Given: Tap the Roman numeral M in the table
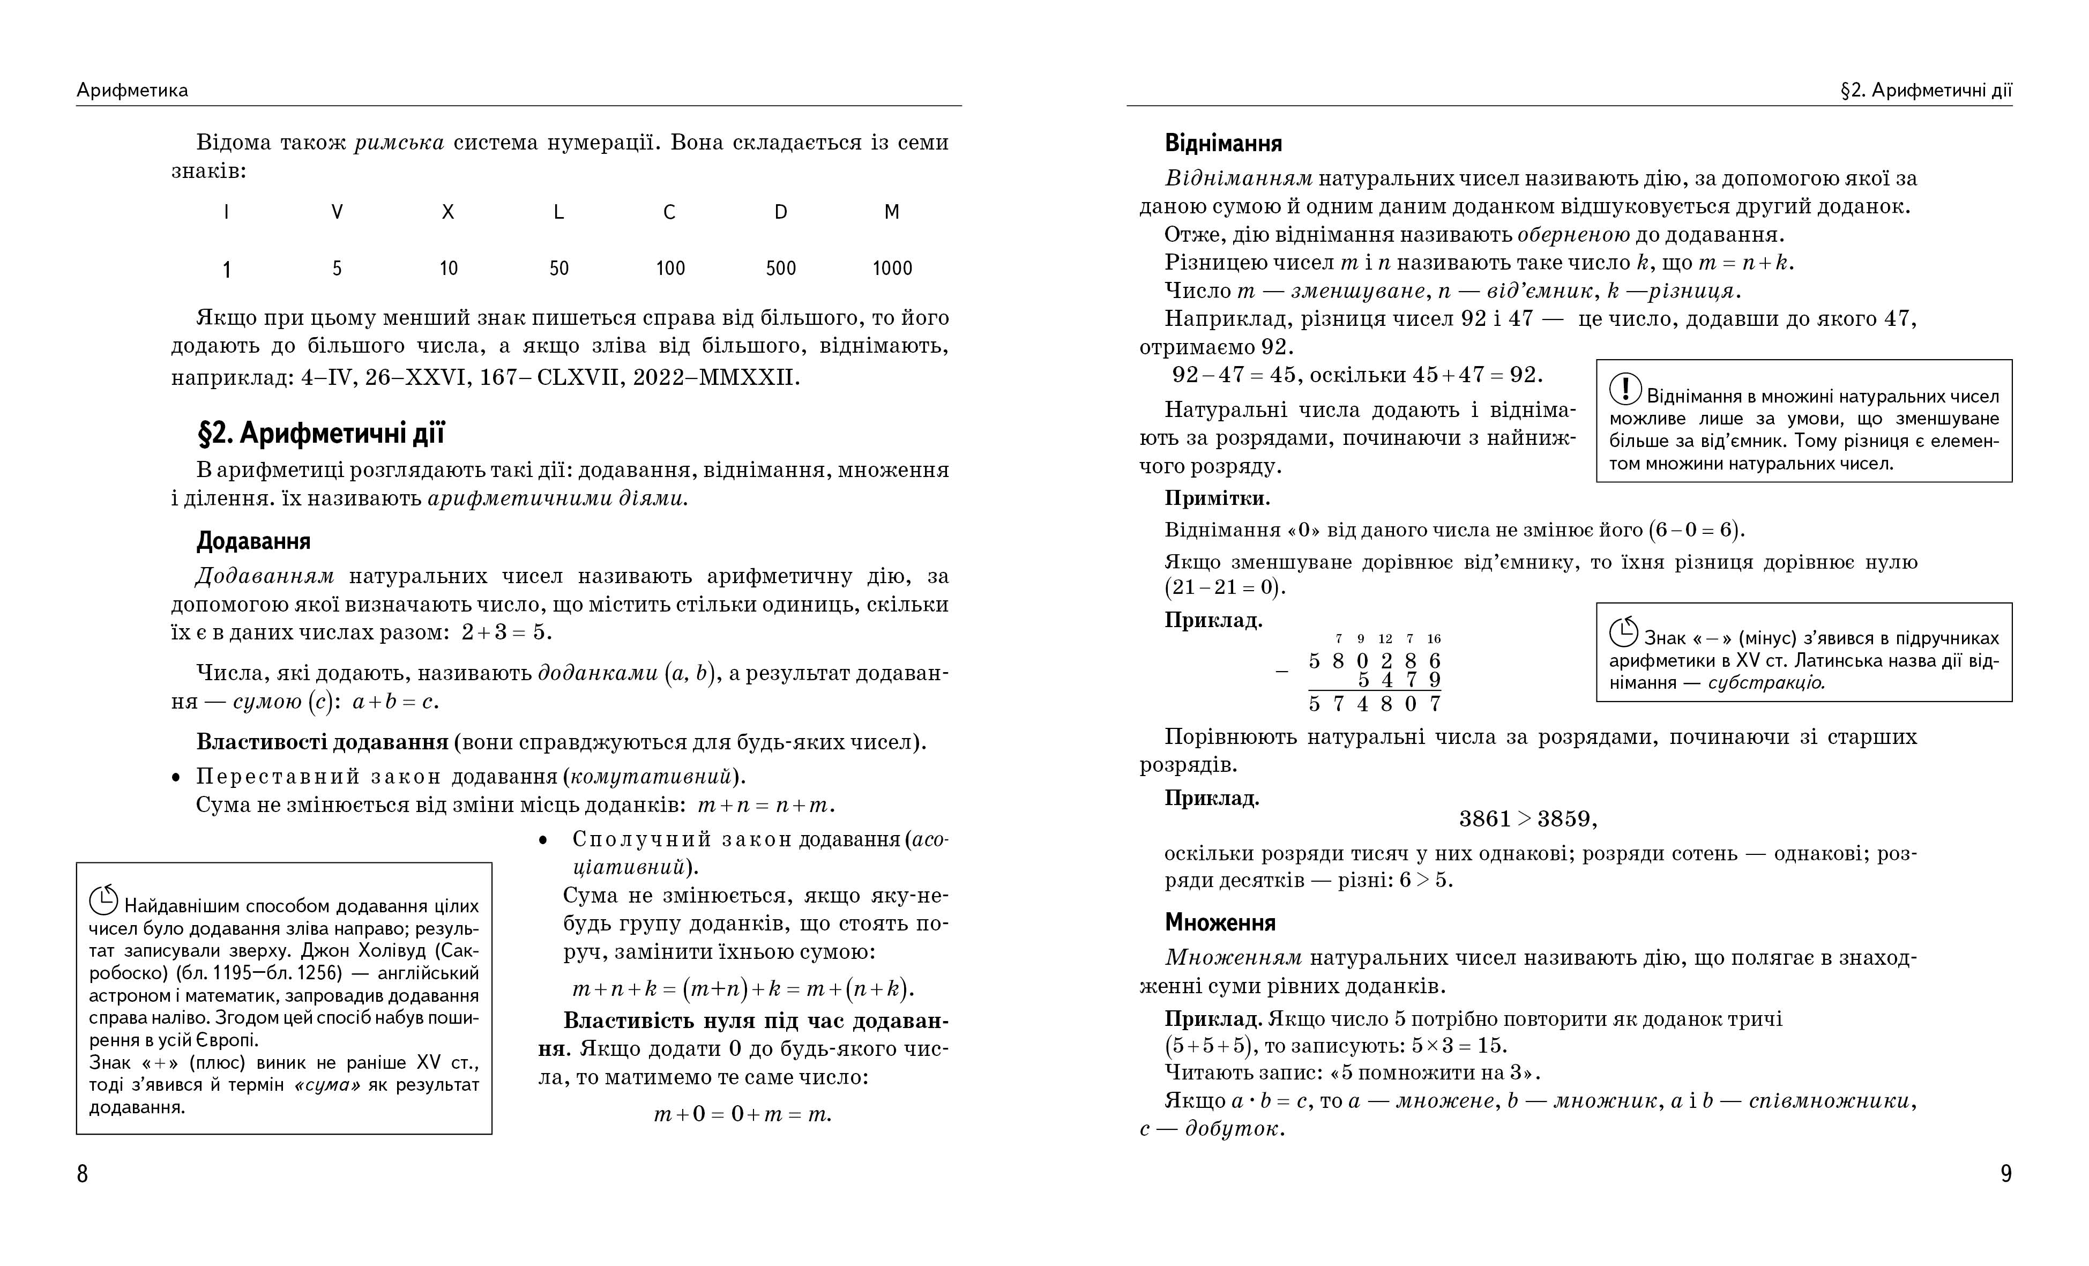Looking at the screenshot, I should click(891, 212).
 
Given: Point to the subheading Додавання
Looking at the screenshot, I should click(253, 541).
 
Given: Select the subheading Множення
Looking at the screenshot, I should click(1219, 922).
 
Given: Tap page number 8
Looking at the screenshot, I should click(82, 1174).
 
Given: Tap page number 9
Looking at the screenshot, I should click(2006, 1174).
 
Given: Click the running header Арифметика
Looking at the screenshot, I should click(132, 90).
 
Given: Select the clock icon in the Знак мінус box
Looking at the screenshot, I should click(1623, 632).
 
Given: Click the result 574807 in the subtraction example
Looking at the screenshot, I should click(1374, 704).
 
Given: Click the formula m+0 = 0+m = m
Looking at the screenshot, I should click(743, 1114).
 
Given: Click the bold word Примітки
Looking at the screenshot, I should click(1217, 498).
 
